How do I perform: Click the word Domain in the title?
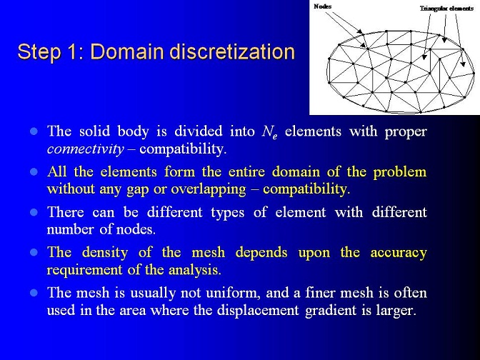pos(127,51)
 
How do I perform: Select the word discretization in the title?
pos(231,51)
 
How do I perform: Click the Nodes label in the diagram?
pos(322,6)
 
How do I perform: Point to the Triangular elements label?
pos(446,9)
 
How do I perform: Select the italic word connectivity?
pos(86,149)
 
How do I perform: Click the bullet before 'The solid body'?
pos(34,131)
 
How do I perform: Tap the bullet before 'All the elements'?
pos(34,172)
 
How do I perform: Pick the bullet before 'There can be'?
pos(34,212)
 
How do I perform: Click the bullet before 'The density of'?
pos(34,253)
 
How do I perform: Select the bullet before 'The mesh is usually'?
pos(34,293)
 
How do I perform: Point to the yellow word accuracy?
pos(399,253)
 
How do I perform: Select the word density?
pos(105,253)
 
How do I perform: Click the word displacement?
pos(258,311)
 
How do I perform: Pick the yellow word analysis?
pos(194,271)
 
